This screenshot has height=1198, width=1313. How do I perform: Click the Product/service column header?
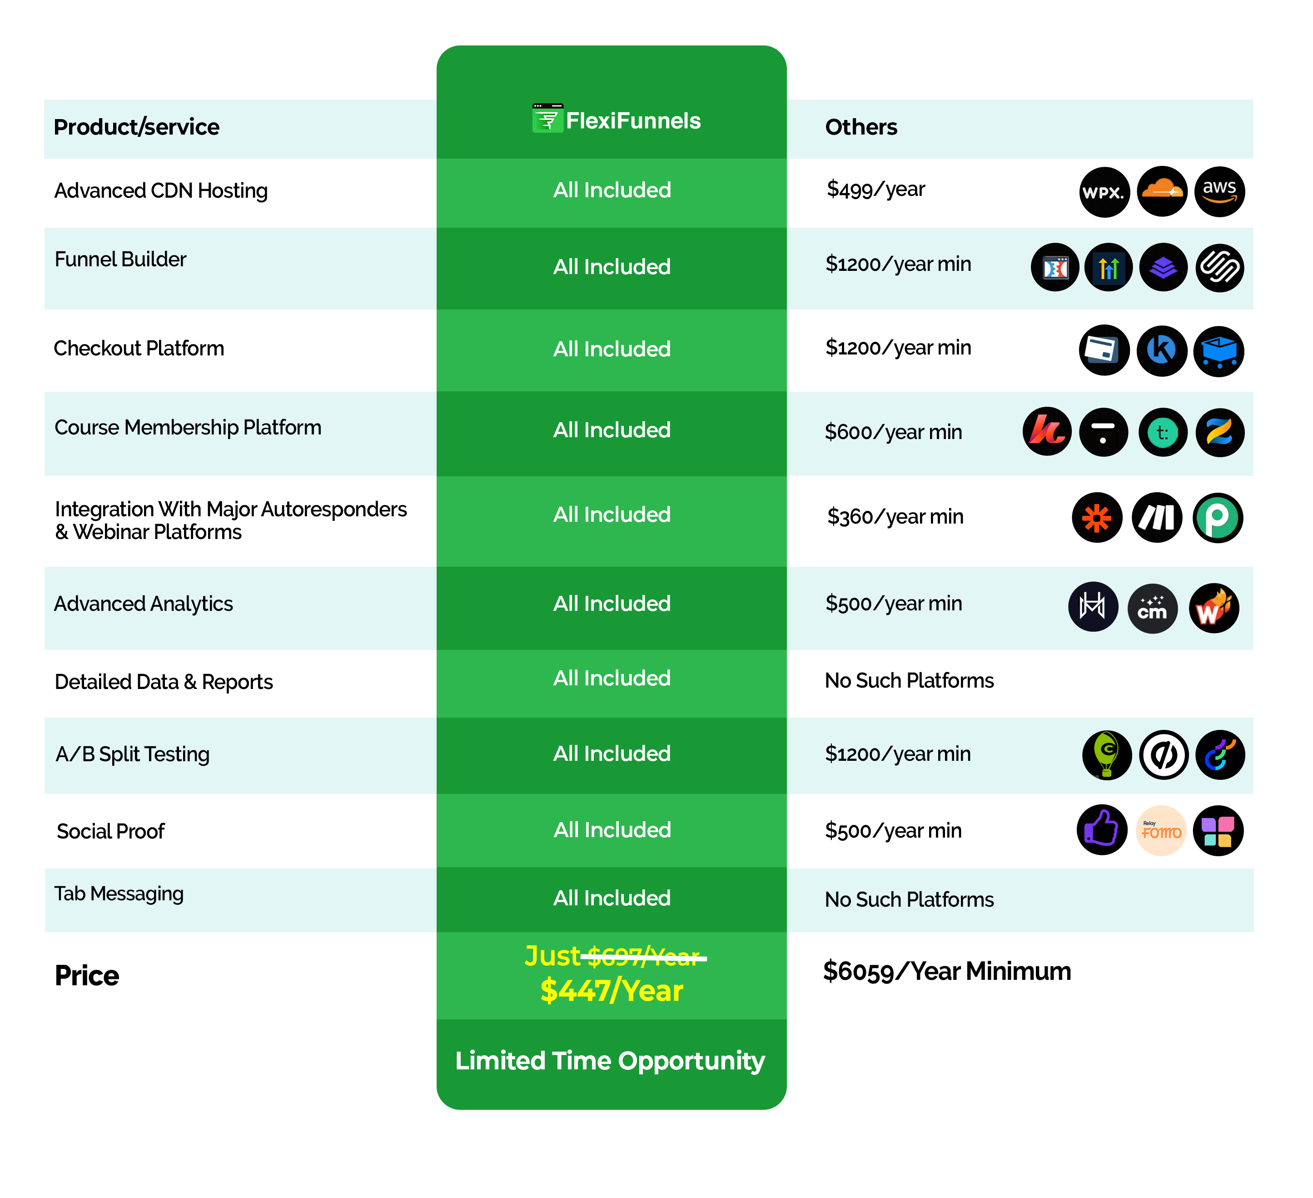tap(136, 127)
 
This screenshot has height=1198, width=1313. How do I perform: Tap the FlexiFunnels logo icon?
tap(547, 119)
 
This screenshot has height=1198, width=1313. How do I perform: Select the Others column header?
tap(860, 127)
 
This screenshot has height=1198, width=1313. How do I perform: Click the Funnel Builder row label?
tap(120, 259)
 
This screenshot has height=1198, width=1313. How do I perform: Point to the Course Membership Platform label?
tap(188, 427)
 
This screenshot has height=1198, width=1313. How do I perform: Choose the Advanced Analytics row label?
tap(143, 604)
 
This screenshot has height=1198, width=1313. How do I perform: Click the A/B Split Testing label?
tap(132, 754)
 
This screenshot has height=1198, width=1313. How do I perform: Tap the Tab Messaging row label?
tap(119, 893)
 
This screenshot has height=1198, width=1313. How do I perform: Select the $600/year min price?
tap(893, 432)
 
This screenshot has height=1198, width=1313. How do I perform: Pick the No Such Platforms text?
tap(909, 900)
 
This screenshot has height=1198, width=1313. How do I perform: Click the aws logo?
tap(1219, 191)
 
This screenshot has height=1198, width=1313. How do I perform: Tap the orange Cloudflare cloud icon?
tap(1161, 189)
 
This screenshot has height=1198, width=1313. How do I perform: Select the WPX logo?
tap(1103, 192)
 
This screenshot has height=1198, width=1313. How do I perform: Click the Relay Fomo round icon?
tap(1161, 831)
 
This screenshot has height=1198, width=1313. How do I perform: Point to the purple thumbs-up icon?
tap(1101, 828)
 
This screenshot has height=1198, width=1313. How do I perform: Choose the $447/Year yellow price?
tap(612, 991)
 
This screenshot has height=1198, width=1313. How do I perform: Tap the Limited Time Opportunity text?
tap(610, 1061)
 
